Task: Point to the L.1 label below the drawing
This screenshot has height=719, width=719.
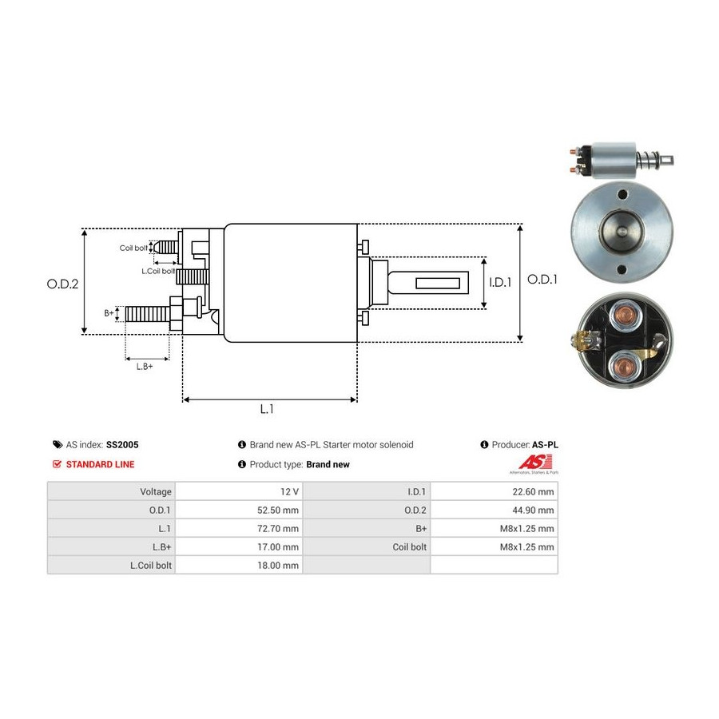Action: [x=268, y=409]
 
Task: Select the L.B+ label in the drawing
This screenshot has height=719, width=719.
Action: [x=144, y=366]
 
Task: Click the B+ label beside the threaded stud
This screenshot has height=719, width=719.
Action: [x=109, y=313]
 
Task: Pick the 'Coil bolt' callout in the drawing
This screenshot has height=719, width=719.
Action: [x=133, y=248]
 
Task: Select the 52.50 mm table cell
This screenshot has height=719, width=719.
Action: [x=280, y=510]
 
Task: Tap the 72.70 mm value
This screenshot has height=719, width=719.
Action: [x=280, y=529]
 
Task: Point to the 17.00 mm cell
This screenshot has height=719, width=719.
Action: [x=280, y=547]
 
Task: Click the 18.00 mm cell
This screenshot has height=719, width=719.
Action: [x=280, y=566]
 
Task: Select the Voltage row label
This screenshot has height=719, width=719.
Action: [x=155, y=492]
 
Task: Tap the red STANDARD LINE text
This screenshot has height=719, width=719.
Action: [x=100, y=464]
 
